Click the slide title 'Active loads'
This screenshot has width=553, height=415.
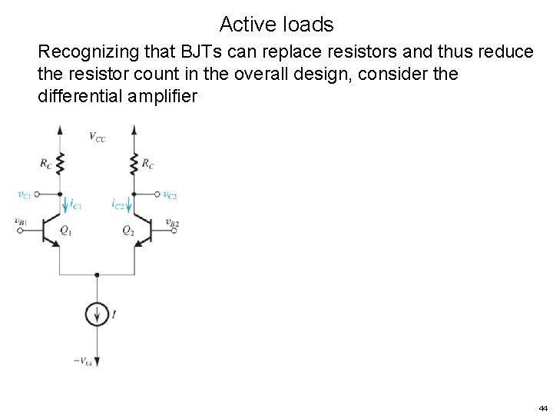(276, 25)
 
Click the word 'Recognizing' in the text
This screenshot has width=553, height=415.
(88, 52)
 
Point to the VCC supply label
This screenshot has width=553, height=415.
(98, 137)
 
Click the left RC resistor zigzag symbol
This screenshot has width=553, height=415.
(59, 164)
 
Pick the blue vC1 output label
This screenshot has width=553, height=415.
(25, 194)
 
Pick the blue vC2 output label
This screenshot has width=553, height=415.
(170, 194)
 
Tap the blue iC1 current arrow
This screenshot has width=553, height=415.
(65, 205)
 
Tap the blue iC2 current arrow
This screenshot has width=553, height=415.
(127, 205)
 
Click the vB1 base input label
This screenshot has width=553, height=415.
(20, 221)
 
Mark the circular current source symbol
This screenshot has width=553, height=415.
(96, 314)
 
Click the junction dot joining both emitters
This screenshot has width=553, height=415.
(96, 274)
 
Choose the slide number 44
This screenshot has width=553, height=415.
(543, 407)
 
